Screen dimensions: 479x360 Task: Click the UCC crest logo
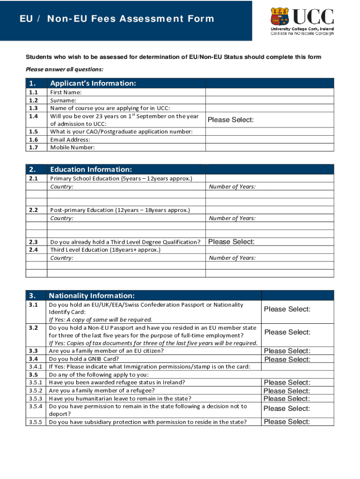[x=281, y=17]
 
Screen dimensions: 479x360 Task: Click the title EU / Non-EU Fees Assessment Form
[x=117, y=19]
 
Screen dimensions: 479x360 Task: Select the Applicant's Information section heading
[x=93, y=83]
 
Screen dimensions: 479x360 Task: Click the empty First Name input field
[x=270, y=93]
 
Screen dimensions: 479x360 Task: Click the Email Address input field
[x=270, y=139]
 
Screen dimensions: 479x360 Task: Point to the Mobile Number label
[x=72, y=147]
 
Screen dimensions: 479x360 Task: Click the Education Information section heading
[x=91, y=169]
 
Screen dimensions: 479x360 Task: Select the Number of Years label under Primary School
[x=232, y=187]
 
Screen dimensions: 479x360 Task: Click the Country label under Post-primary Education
[x=62, y=218]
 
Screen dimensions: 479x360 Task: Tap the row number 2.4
[x=33, y=250]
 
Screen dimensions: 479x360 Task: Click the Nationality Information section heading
[x=92, y=296]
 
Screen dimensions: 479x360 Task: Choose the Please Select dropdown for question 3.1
[x=287, y=309]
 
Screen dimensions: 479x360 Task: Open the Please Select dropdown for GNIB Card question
[x=287, y=359]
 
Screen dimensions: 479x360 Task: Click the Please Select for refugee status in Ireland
[x=287, y=383]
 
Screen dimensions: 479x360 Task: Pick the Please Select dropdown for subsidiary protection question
[x=287, y=422]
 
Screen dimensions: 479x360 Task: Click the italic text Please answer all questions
[x=64, y=69]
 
